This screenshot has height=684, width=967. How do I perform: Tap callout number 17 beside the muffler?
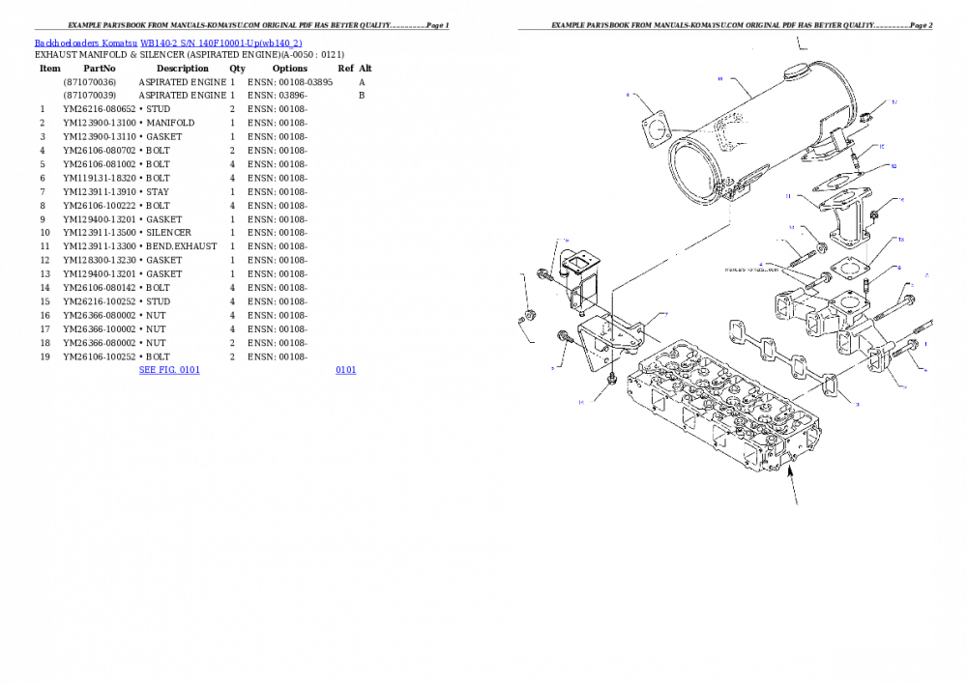click(x=894, y=101)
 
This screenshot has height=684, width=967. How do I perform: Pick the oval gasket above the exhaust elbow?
click(x=835, y=180)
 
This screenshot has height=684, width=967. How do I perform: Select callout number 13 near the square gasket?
click(x=900, y=240)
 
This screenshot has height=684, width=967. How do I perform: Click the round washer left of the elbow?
click(x=821, y=249)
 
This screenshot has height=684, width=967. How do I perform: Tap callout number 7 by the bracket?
click(x=665, y=315)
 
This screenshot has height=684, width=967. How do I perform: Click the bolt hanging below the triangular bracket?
click(x=611, y=383)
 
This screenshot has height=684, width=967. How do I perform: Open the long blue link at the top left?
click(x=168, y=43)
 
